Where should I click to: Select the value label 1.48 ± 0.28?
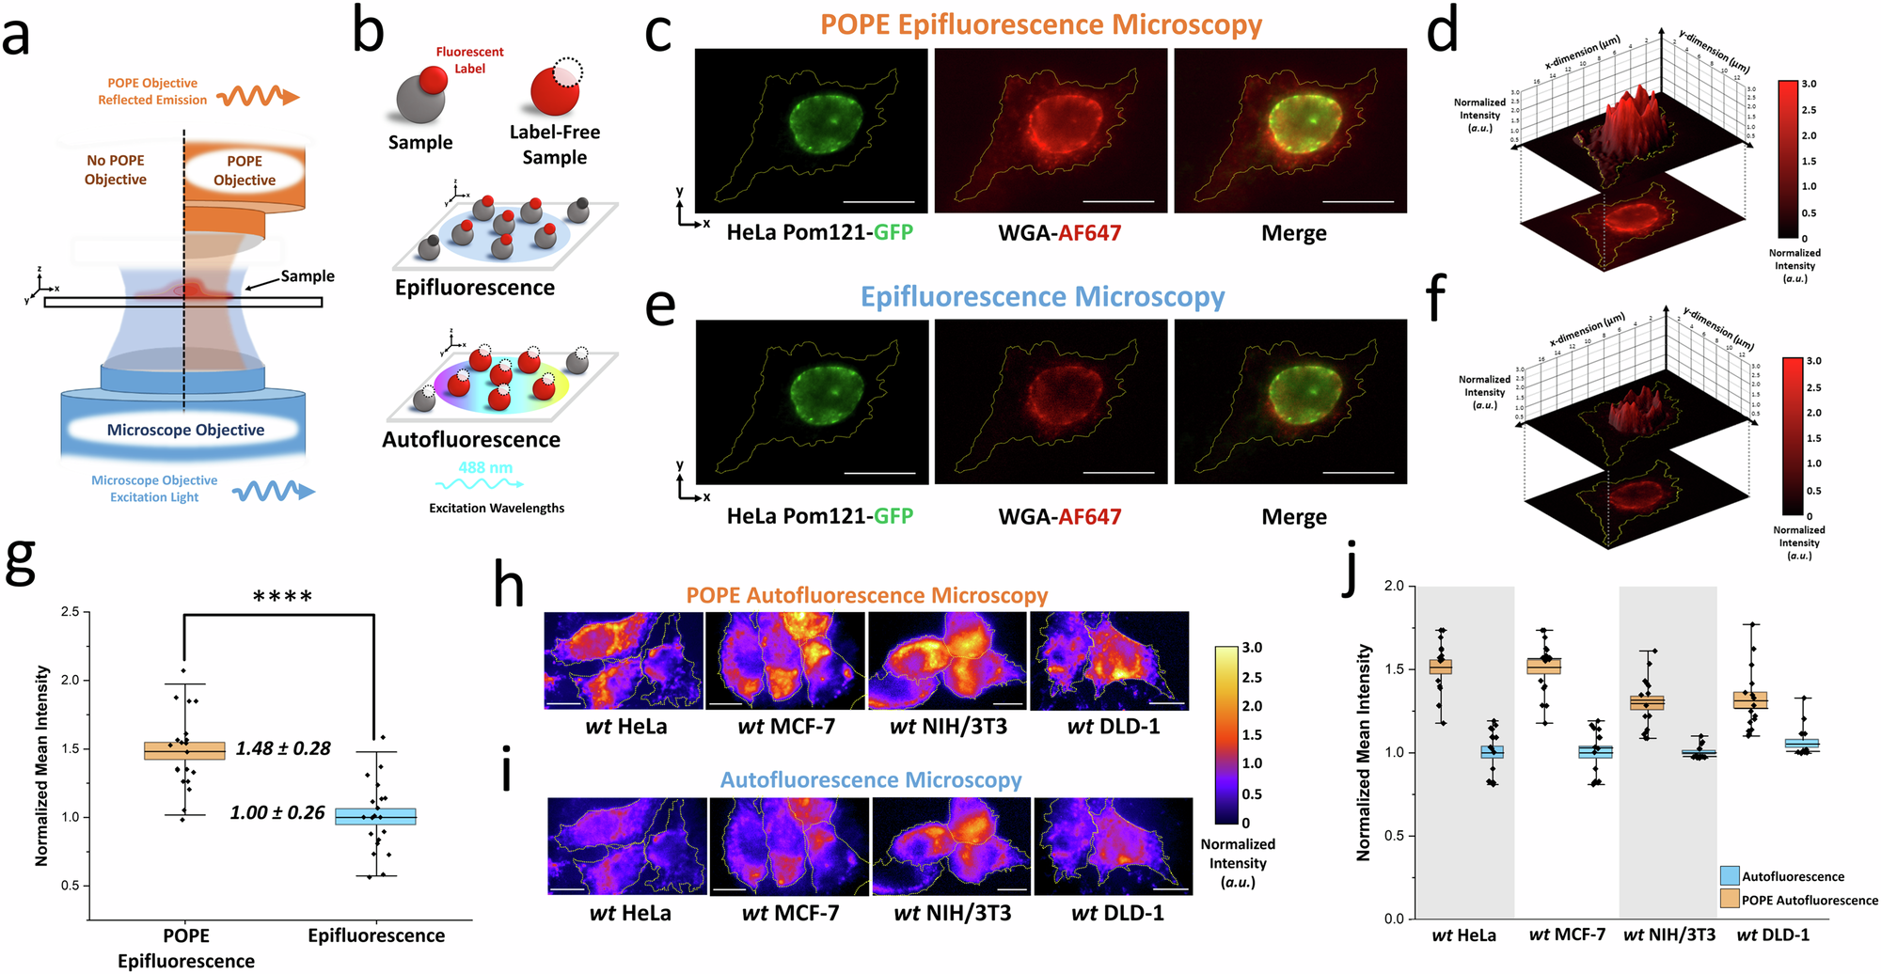(283, 748)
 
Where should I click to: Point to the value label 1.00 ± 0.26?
(277, 812)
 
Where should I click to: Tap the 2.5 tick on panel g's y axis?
(70, 612)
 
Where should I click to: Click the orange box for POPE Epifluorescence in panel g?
(184, 750)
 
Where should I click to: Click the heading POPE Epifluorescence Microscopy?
(1041, 24)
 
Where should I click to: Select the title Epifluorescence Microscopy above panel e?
(1042, 297)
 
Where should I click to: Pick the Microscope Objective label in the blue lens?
(185, 430)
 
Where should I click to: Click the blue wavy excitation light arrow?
(274, 491)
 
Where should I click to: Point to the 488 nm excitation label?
(485, 467)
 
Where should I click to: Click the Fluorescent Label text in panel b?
(469, 60)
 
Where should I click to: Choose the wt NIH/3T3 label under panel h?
(948, 727)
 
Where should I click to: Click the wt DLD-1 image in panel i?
(1113, 846)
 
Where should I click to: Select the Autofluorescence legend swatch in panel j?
(1729, 876)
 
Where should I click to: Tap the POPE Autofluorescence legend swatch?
(1729, 900)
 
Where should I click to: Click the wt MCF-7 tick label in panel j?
(1567, 935)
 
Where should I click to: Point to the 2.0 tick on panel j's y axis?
(1393, 587)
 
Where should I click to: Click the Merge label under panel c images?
(1293, 233)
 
